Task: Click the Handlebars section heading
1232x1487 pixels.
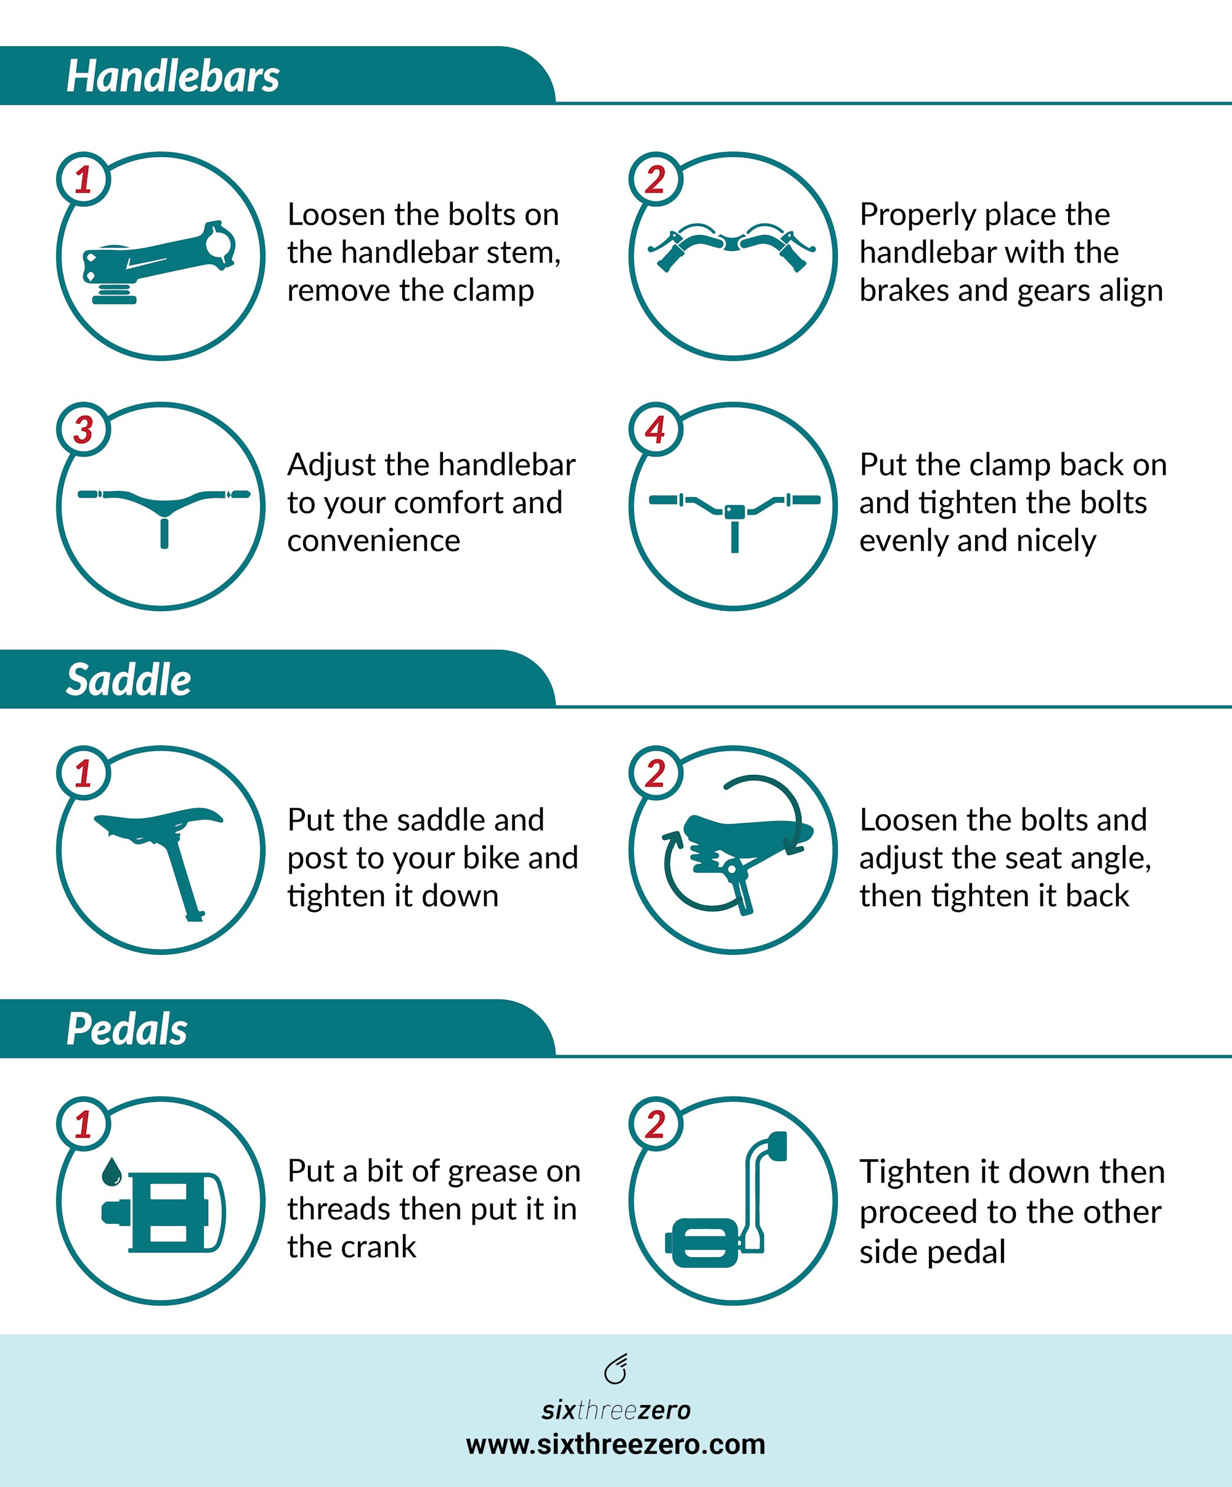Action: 172,76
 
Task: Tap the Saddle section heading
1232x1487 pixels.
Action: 128,680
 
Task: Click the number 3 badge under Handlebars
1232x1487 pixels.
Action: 84,430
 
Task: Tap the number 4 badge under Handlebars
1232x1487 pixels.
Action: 655,430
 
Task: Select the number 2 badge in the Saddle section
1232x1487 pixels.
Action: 655,773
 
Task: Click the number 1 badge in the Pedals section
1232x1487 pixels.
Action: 84,1124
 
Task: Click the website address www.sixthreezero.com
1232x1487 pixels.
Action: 615,1444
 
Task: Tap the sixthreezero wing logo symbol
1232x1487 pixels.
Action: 616,1368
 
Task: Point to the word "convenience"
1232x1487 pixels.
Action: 374,541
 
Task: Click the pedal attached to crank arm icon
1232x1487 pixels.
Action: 726,1199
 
